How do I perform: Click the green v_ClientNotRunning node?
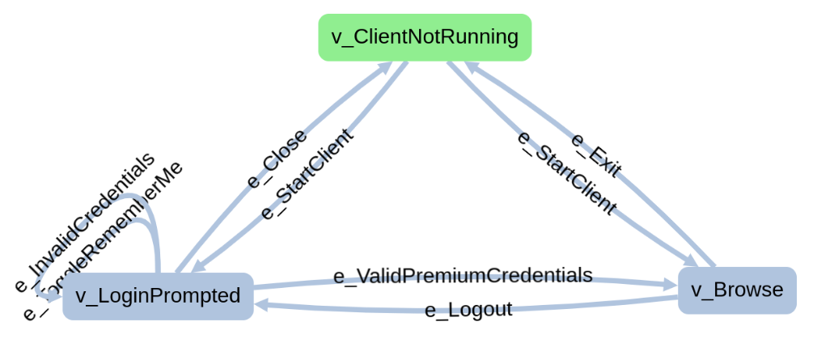pos(425,37)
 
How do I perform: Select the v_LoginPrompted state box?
pos(158,296)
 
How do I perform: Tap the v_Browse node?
pos(737,290)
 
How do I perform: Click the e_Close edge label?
pos(277,158)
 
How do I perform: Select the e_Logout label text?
pos(468,310)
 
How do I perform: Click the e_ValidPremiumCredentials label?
pos(463,275)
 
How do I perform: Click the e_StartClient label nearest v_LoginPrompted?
pos(307,174)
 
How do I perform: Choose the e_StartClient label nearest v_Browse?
pos(567,172)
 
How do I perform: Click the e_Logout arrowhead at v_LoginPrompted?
pos(263,305)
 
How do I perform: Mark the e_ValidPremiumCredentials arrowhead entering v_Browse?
pos(668,285)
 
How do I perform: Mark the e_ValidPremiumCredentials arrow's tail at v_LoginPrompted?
pos(256,286)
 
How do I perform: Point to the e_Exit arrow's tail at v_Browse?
pos(713,265)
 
